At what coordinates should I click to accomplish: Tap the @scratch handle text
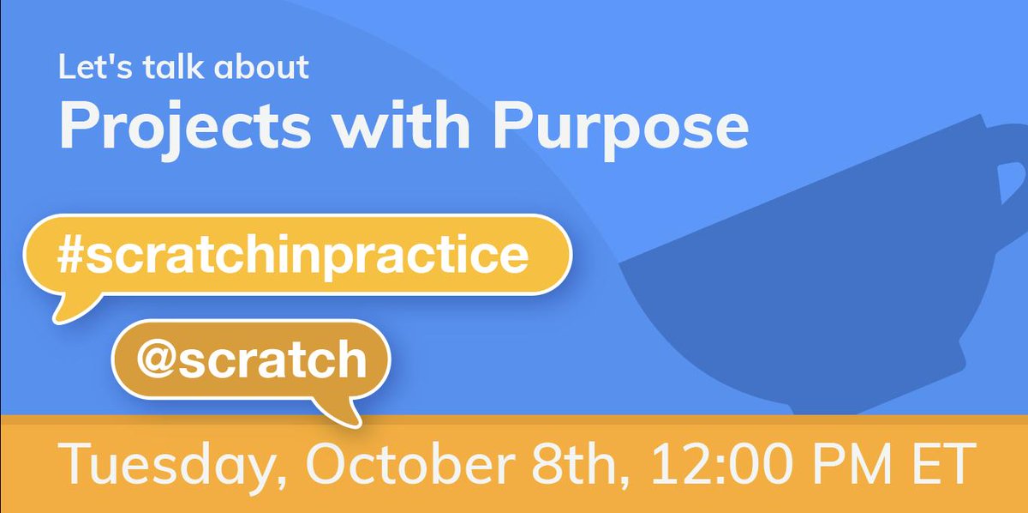click(x=251, y=360)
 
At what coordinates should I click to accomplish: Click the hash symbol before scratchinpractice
click(x=72, y=256)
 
